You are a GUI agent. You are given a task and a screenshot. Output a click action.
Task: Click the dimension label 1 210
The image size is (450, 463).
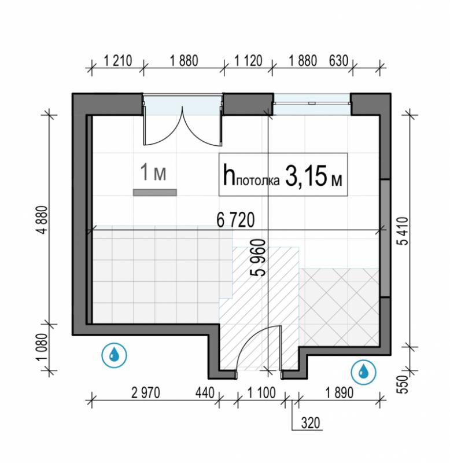point(118,61)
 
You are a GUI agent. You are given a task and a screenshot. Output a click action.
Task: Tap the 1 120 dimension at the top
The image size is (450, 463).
point(248,61)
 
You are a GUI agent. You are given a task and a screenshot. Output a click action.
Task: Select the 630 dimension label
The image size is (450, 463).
point(338,61)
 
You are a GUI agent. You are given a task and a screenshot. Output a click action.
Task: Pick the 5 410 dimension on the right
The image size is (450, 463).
point(403,231)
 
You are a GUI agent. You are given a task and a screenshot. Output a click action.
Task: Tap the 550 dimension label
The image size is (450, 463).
point(403,384)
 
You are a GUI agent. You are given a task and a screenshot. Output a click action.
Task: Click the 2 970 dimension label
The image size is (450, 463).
point(146,393)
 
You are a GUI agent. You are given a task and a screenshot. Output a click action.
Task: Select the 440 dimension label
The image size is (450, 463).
point(205,393)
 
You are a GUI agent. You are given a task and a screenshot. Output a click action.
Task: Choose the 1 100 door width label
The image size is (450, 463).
point(261,393)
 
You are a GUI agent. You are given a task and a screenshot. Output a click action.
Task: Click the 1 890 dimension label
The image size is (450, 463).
point(340,393)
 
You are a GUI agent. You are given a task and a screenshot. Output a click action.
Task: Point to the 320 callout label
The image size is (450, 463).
point(311,423)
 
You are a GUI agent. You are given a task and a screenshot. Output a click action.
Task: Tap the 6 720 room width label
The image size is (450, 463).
point(235,220)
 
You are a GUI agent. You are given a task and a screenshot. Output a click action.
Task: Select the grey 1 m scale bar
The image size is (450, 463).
point(155,193)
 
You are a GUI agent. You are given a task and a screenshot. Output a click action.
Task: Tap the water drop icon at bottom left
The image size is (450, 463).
point(114,355)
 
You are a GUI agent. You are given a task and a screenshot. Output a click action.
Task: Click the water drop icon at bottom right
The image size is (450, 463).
point(364,372)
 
